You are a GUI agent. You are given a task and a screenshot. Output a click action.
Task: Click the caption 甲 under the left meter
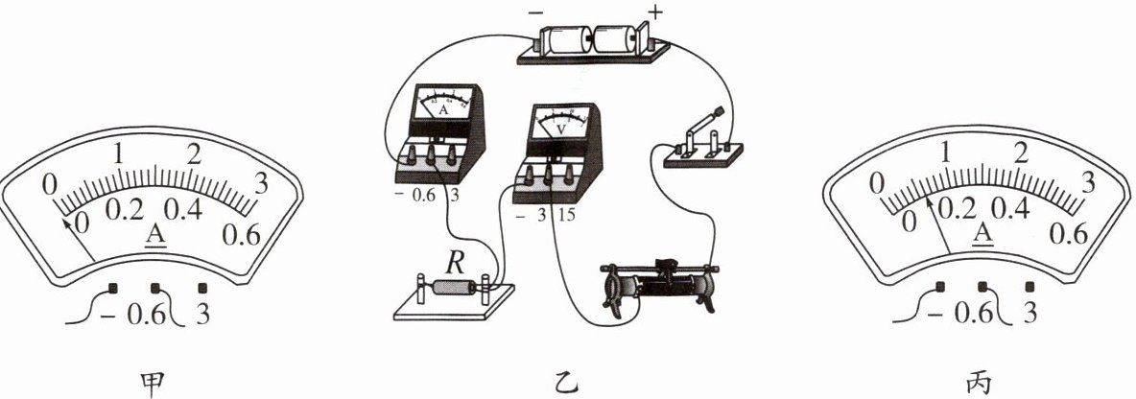pos(153,383)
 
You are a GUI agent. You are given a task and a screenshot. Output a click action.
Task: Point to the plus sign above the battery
pos(656,12)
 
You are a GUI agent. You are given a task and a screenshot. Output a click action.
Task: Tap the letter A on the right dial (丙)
pos(980,233)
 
